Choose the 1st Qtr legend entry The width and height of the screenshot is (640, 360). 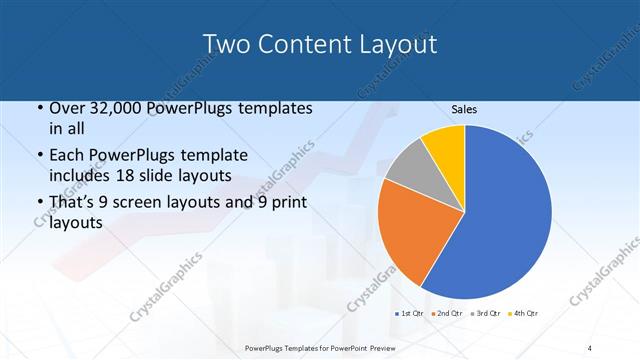411,314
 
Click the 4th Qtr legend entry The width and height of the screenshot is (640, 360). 525,314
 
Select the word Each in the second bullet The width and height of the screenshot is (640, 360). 67,155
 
